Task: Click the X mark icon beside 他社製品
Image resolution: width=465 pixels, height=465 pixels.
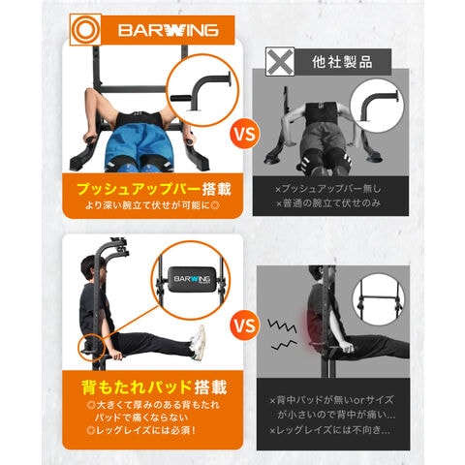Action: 283,59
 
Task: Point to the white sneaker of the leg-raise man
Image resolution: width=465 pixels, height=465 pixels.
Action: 199,342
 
